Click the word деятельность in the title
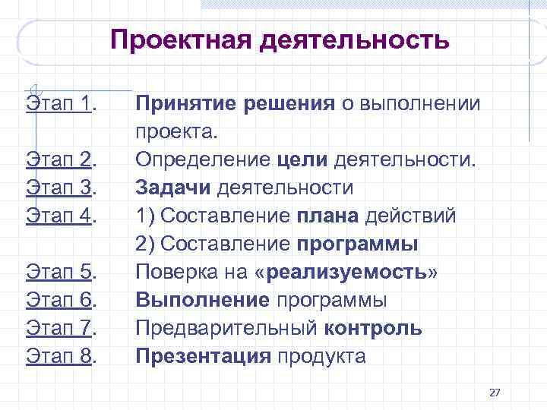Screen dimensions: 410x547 tap(354, 40)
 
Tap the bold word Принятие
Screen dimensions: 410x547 tap(186, 103)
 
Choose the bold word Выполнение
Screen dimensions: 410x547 tap(203, 300)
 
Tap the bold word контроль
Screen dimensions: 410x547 tap(373, 328)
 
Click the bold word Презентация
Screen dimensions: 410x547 tap(203, 356)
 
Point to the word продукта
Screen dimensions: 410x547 tap(321, 356)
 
